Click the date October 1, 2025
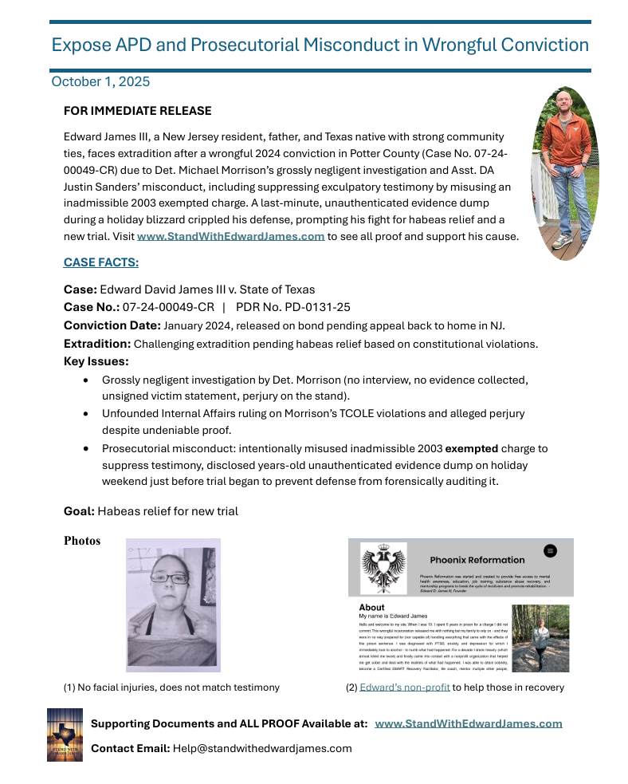pyautogui.click(x=100, y=81)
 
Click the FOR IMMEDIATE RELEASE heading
pyautogui.click(x=137, y=111)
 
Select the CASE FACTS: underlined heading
pyautogui.click(x=101, y=262)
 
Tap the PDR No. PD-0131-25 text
pyautogui.click(x=293, y=307)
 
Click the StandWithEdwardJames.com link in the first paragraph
pyautogui.click(x=230, y=236)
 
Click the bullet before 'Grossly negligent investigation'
pyautogui.click(x=86, y=380)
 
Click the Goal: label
pyautogui.click(x=79, y=511)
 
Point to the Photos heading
pyautogui.click(x=82, y=542)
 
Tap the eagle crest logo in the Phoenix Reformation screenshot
pyautogui.click(x=383, y=567)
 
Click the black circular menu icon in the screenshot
pyautogui.click(x=549, y=550)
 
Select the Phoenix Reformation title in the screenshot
pyautogui.click(x=477, y=560)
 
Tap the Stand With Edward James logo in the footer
pyautogui.click(x=65, y=735)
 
